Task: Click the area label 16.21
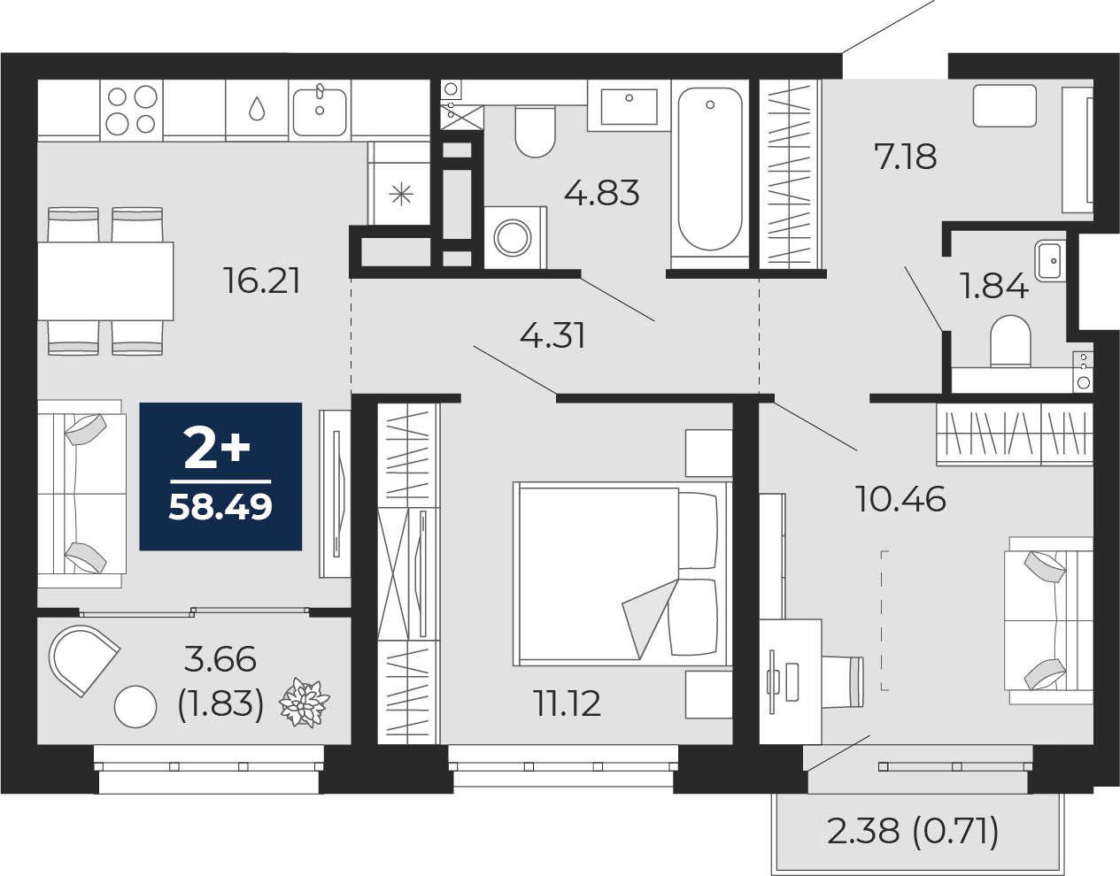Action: (x=262, y=281)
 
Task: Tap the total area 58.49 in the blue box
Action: (x=220, y=507)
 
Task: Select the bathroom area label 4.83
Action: (x=601, y=192)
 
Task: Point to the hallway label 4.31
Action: (x=552, y=336)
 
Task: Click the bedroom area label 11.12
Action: (x=567, y=703)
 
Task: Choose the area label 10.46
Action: (x=900, y=500)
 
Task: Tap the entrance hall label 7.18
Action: (x=905, y=158)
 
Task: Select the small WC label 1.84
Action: (x=993, y=286)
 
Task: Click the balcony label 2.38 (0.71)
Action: (x=913, y=831)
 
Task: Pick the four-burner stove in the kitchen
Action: (x=131, y=110)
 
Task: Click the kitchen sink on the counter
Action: (x=320, y=110)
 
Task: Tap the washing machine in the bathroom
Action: (x=514, y=237)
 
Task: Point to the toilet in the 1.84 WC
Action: (x=1010, y=342)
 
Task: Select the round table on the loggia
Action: (x=135, y=706)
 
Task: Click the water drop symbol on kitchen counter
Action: (x=257, y=109)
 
